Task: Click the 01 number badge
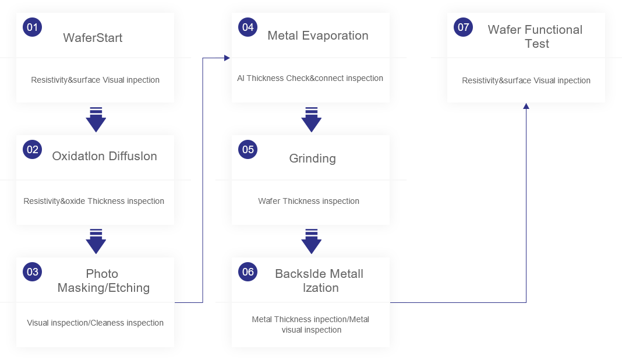point(32,27)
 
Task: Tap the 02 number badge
point(32,150)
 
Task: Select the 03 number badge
point(32,271)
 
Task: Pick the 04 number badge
point(248,27)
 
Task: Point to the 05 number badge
point(248,150)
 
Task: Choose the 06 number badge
point(248,271)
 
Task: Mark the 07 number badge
point(464,27)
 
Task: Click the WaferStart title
point(93,38)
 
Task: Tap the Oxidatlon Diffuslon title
point(104,156)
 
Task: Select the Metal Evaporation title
point(318,36)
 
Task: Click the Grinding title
point(313,158)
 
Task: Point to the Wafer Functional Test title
point(535,37)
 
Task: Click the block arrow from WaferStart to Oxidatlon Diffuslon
point(96,119)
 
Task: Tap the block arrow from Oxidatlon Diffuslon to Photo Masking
point(96,241)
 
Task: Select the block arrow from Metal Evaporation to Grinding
point(312,119)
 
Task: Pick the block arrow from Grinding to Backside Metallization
point(312,241)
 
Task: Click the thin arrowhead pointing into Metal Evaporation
point(228,58)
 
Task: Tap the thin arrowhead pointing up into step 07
point(526,106)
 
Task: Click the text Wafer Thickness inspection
point(309,201)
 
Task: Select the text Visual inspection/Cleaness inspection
point(95,323)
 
